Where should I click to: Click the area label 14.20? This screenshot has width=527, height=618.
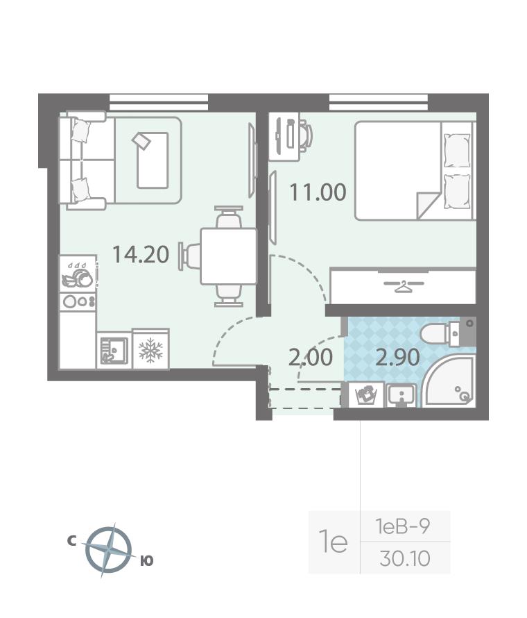coord(141,254)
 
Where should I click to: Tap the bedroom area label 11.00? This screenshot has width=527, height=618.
coord(318,192)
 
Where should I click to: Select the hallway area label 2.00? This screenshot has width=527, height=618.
coord(311,358)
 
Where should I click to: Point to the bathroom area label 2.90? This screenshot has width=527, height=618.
coord(397,358)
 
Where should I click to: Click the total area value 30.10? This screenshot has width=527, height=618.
coord(405,558)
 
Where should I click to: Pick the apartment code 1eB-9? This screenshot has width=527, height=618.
coord(403,526)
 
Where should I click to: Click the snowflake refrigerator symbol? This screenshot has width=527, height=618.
coord(150,349)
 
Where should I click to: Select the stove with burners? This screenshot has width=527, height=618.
coord(78,301)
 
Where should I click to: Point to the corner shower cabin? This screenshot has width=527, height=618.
coord(449,380)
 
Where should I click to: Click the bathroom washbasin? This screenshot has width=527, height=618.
coord(401,395)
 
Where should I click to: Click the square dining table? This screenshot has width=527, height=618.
coord(228,256)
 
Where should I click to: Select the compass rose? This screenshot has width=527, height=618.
coord(109,549)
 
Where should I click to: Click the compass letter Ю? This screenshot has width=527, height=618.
coord(146,560)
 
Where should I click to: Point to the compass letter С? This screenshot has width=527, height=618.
coord(71,541)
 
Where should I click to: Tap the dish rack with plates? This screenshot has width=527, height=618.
coord(78,274)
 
